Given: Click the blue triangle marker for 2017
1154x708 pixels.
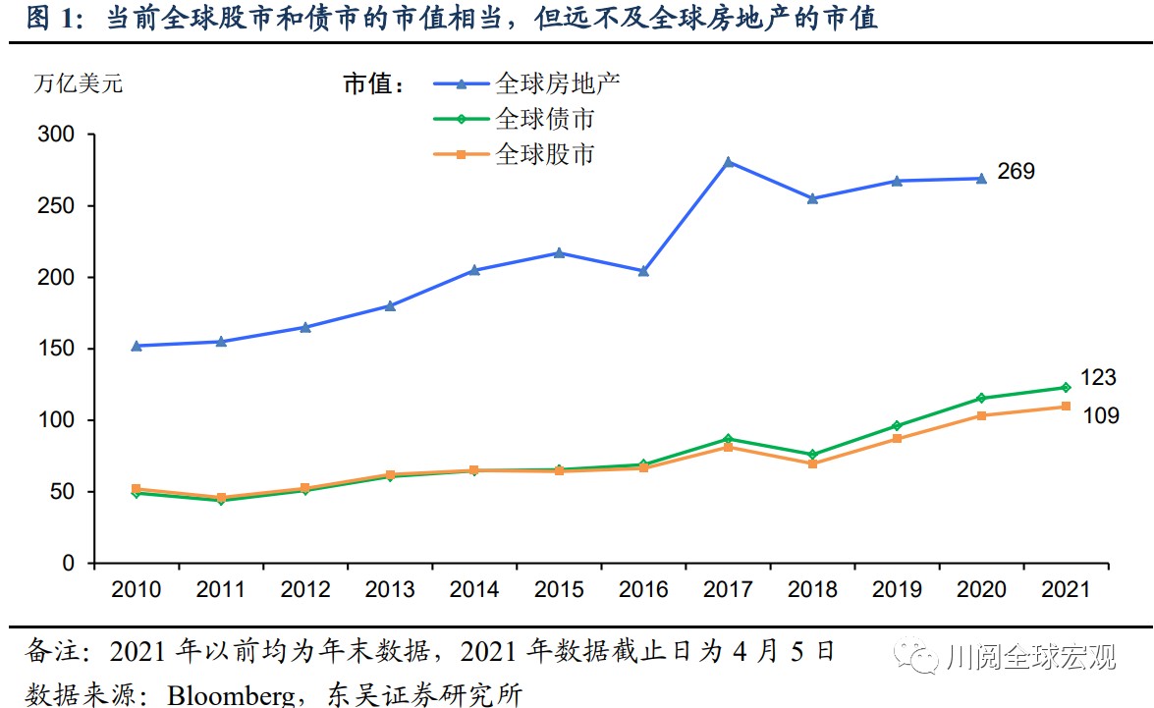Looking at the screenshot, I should point(728,162).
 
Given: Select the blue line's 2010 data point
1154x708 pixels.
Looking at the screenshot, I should point(137,346).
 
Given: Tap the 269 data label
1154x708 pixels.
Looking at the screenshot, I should point(1016,172).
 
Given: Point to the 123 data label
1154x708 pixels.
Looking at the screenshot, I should point(1098,378).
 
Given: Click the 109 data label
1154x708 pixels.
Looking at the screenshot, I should point(1100,416).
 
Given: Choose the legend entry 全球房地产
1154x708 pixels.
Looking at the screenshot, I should point(558,82).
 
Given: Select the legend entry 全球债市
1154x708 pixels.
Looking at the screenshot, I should point(545,119).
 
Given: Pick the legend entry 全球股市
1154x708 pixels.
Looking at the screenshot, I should point(545,154).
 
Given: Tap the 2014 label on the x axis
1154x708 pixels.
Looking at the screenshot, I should point(474,589).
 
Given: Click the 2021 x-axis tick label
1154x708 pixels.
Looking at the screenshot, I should point(1066,589).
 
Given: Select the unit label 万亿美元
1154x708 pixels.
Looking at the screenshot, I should point(79,83).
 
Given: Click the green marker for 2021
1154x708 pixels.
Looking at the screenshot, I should point(1066,387).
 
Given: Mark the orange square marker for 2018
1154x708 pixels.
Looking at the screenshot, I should point(812,463).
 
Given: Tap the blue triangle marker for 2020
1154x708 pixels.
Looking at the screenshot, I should point(981,179).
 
